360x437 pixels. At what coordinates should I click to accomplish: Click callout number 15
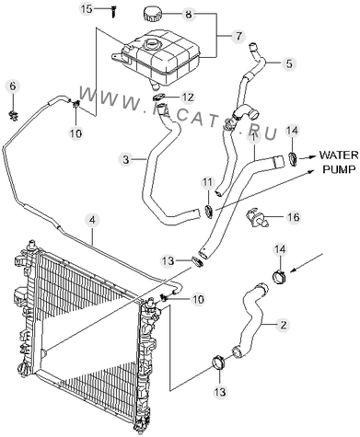pos(87,8)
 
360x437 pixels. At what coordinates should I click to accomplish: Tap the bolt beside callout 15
pos(114,12)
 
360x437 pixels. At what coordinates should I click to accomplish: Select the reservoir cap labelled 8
pos(152,15)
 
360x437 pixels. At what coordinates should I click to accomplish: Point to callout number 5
pos(289,63)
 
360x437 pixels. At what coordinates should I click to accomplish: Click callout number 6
pos(13,86)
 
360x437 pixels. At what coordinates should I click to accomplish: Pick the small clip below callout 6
pos(13,115)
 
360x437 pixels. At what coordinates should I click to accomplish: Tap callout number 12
pos(188,98)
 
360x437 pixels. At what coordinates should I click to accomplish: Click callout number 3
pos(126,159)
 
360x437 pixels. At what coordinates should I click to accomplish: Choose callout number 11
pos(207,183)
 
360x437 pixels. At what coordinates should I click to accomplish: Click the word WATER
pos(339,155)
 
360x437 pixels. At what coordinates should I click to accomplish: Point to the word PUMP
pos(339,169)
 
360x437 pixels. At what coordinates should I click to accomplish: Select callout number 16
pos(294,217)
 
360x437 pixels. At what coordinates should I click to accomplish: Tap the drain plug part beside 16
pos(257,217)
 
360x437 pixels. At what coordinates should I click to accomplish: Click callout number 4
pos(92,220)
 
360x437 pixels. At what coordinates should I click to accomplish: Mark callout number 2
pos(283,325)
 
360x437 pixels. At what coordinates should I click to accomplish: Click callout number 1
pos(253,137)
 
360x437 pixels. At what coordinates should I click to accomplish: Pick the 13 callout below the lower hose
pos(220,391)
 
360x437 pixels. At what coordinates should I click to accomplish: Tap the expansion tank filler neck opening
pos(151,42)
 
